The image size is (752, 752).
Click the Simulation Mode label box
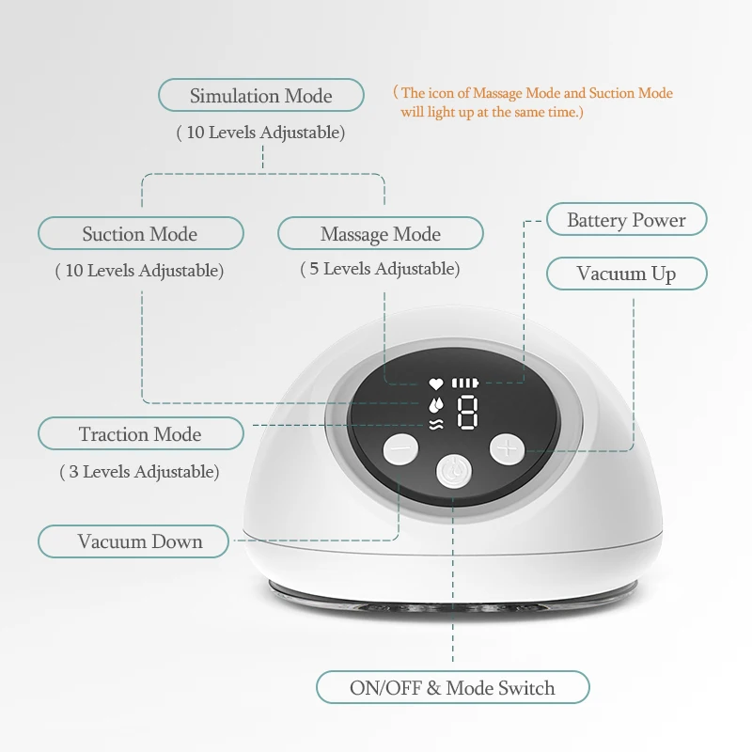point(260,96)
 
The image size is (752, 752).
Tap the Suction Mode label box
point(140,234)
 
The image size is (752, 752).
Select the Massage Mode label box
point(380,234)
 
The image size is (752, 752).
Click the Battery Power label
point(626,220)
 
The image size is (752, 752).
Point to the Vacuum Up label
point(626,274)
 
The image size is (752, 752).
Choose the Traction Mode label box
point(140,434)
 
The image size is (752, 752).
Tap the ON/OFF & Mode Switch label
point(452,688)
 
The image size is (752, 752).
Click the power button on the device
point(451,469)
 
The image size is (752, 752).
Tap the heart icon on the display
point(435,384)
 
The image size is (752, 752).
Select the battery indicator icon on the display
point(464,384)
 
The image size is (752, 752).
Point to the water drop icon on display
point(435,404)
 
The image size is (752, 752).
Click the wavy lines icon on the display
point(435,425)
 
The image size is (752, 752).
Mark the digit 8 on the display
point(467,413)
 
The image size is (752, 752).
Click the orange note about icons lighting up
point(535,102)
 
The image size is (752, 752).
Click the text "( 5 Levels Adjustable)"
point(380,270)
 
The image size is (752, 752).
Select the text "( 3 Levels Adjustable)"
point(139,472)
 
